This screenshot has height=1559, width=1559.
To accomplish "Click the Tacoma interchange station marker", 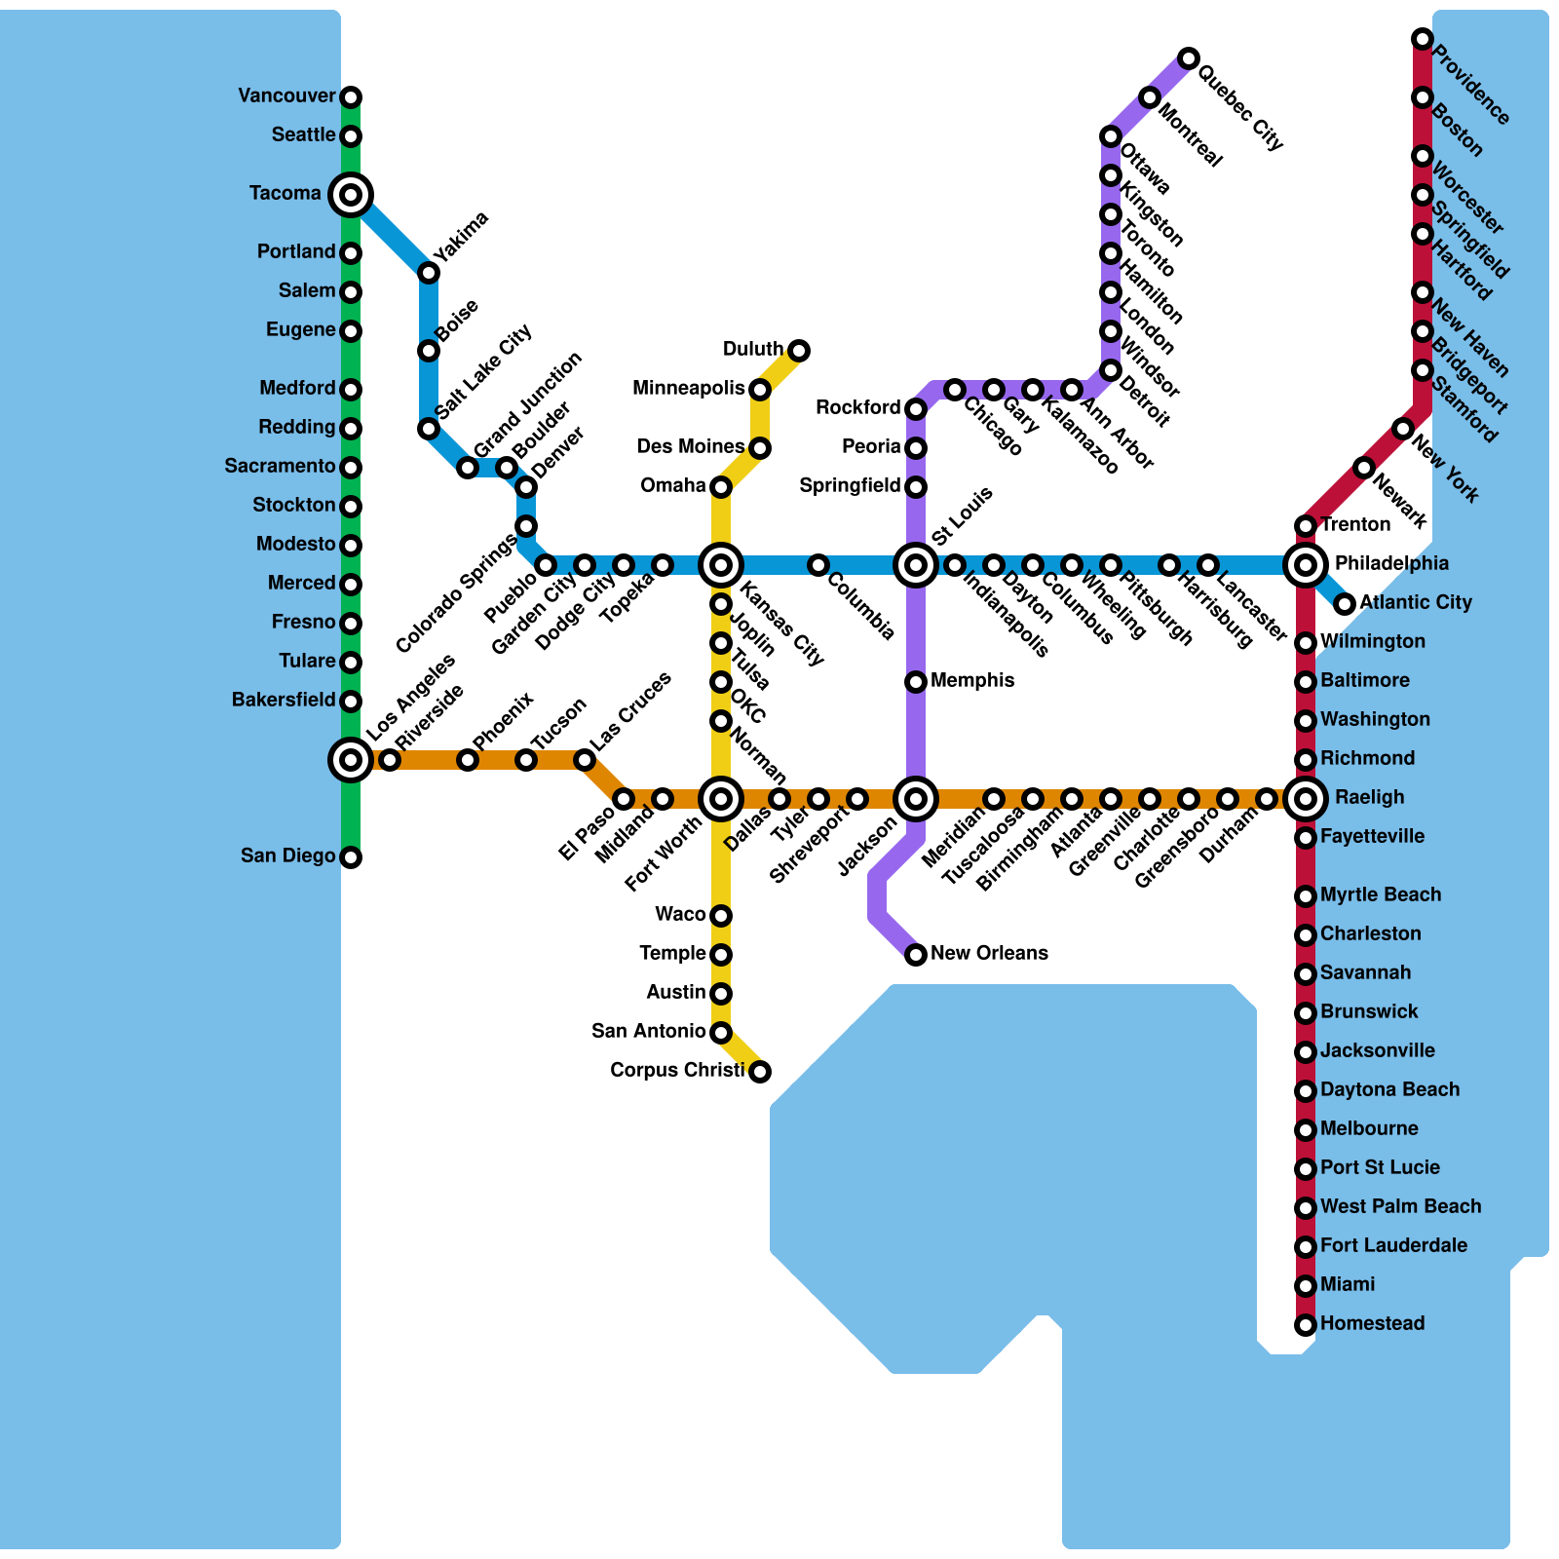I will pyautogui.click(x=351, y=194).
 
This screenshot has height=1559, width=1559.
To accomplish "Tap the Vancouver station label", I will pyautogui.click(x=286, y=96).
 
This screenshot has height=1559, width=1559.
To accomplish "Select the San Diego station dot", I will pyautogui.click(x=351, y=857).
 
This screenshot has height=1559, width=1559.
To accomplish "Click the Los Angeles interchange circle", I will pyautogui.click(x=351, y=759).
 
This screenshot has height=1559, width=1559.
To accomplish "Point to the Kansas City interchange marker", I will pyautogui.click(x=721, y=564).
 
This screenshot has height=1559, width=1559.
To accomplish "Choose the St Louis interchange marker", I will pyautogui.click(x=916, y=564).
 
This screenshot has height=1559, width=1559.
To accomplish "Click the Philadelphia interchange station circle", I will pyautogui.click(x=1306, y=564).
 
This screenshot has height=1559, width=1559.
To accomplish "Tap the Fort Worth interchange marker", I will pyautogui.click(x=721, y=799).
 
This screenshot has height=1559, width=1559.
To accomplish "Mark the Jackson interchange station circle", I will pyautogui.click(x=916, y=799).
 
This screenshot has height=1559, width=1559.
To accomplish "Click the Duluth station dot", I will pyautogui.click(x=799, y=350).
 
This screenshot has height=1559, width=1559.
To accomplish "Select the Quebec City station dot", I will pyautogui.click(x=1189, y=58).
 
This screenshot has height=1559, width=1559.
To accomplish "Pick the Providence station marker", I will pyautogui.click(x=1423, y=39).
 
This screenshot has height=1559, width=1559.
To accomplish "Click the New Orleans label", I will pyautogui.click(x=989, y=953).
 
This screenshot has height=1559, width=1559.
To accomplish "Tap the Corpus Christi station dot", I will pyautogui.click(x=760, y=1072).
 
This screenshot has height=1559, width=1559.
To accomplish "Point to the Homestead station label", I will pyautogui.click(x=1372, y=1323).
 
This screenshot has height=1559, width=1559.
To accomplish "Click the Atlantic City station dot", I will pyautogui.click(x=1345, y=604).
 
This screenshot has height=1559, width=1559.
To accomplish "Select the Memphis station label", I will pyautogui.click(x=972, y=680).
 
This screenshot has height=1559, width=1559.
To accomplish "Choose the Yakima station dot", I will pyautogui.click(x=429, y=273).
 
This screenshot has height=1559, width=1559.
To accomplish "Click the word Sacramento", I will pyautogui.click(x=280, y=467).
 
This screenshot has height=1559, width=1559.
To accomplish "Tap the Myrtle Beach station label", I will pyautogui.click(x=1380, y=894).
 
